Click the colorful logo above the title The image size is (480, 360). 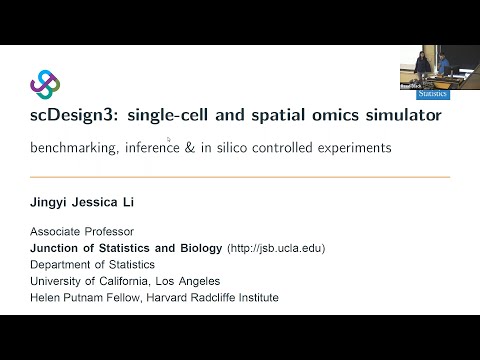[x=45, y=84]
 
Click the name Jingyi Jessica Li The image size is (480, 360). [x=82, y=203]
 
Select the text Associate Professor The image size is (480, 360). [x=78, y=231]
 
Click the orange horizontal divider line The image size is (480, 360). [x=240, y=177]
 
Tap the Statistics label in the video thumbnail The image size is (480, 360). [x=432, y=93]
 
